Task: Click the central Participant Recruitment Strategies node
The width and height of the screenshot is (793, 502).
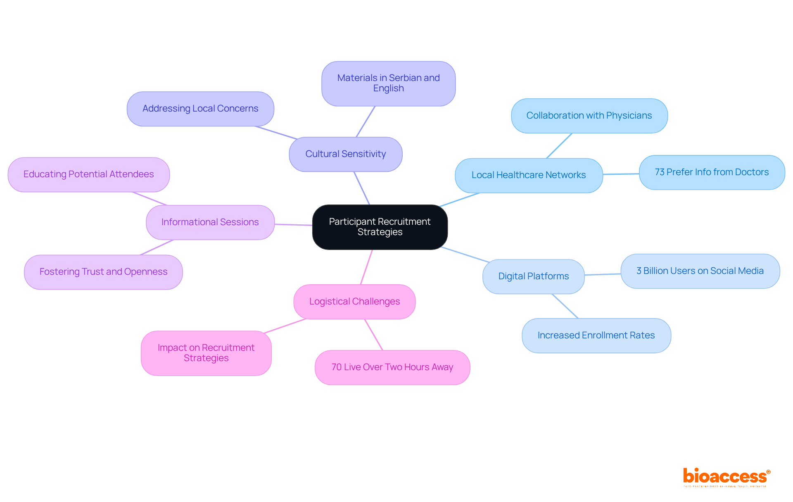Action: pos(380,227)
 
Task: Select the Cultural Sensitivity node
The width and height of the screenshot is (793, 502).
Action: pos(345,154)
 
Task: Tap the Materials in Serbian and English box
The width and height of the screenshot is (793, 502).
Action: pos(388,83)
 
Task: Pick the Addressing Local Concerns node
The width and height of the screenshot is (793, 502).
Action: pos(200,109)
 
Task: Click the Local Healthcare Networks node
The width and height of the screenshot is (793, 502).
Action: pos(528,175)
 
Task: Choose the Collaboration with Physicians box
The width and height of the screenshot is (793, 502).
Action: pos(589,116)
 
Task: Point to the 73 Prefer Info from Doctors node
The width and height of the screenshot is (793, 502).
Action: pos(711,172)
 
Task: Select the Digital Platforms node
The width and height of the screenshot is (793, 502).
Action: pos(533,276)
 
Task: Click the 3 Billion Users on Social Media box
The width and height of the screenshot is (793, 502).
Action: pos(700,271)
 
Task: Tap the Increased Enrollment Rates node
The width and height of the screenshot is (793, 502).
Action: pos(596,335)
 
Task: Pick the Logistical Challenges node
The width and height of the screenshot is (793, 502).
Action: pos(354,302)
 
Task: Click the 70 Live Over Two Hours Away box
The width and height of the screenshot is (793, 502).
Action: pos(392,367)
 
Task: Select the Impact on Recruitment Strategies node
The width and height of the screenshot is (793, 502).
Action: pos(206,353)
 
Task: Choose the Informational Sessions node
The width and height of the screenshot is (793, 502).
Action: pos(210,222)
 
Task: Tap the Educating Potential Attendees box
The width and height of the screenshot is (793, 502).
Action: pos(88,174)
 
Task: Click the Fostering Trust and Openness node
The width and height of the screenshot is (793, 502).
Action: pos(103,272)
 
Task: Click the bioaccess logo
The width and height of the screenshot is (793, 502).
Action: pos(726,477)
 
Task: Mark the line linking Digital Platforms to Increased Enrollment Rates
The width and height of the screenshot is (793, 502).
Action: pos(565,306)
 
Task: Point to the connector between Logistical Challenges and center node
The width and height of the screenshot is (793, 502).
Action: pos(366,267)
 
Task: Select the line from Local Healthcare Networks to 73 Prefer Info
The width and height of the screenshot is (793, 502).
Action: pos(621,174)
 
